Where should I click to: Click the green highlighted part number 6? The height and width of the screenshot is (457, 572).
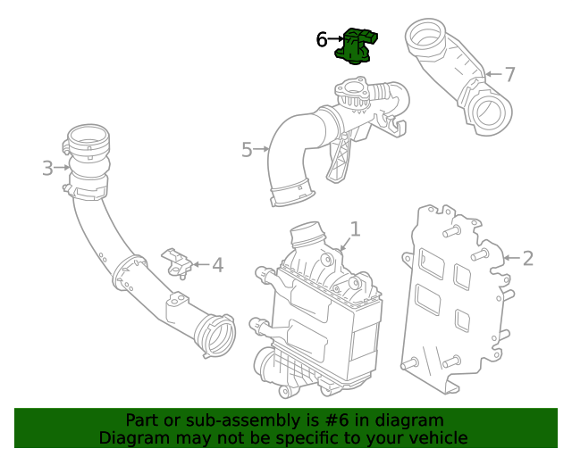pos(356,47)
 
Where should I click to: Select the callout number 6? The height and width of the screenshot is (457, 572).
pos(322,39)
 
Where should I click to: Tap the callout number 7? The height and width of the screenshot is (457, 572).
pos(509,74)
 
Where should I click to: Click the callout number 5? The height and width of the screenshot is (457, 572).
pos(248,149)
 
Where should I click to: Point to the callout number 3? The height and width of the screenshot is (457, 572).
pos(47,167)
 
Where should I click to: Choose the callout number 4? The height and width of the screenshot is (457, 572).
pos(217,264)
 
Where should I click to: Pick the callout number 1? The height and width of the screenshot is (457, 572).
pos(355,229)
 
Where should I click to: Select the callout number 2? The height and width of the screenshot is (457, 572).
pos(527,259)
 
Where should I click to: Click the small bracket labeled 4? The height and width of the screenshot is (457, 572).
pos(178,262)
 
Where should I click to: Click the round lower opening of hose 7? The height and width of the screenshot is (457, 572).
pos(491,113)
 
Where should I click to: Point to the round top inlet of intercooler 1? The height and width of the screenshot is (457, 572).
pos(308,235)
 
